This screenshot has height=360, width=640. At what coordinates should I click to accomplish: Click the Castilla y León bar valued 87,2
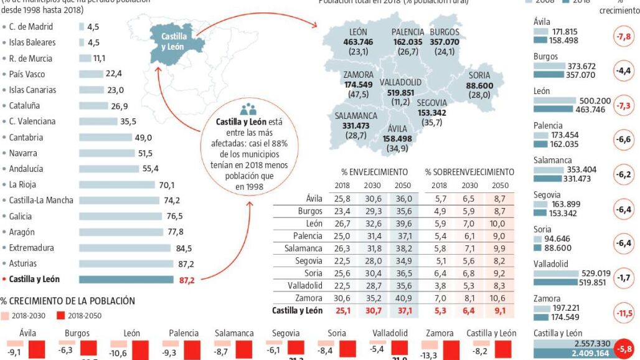pyautogui.click(x=126, y=280)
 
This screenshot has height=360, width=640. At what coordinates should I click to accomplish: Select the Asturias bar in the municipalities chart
pyautogui.click(x=126, y=264)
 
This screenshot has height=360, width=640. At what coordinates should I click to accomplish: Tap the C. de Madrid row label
pyautogui.click(x=31, y=27)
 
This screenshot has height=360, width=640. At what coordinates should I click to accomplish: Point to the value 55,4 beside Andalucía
pyautogui.click(x=151, y=168)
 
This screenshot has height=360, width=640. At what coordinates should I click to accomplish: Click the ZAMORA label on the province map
pyautogui.click(x=358, y=75)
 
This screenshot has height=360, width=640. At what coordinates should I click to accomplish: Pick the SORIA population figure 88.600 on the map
pyautogui.click(x=479, y=86)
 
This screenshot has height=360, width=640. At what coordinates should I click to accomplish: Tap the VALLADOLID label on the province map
pyautogui.click(x=400, y=82)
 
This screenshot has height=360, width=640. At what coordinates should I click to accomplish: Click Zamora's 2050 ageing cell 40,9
pyautogui.click(x=404, y=298)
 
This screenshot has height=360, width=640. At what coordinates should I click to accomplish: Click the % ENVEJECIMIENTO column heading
pyautogui.click(x=374, y=172)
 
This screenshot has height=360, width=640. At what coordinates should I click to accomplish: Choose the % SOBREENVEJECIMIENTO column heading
pyautogui.click(x=469, y=172)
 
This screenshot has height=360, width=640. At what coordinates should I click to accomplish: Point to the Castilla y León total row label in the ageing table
pyautogui.click(x=298, y=310)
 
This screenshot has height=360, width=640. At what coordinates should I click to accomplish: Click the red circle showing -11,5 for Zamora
pyautogui.click(x=623, y=313)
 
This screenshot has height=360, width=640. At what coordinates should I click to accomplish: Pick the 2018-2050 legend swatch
pyautogui.click(x=61, y=315)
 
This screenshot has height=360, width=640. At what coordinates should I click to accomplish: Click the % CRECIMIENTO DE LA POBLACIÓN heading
pyautogui.click(x=68, y=301)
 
